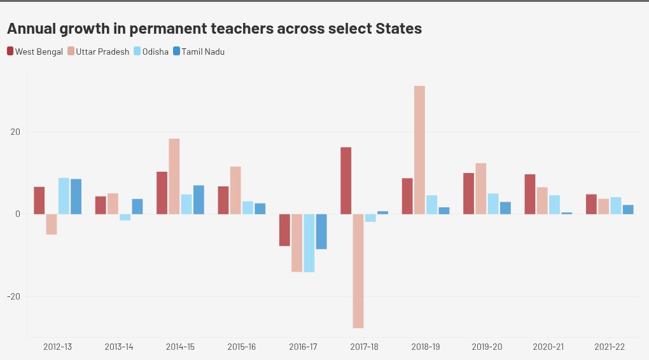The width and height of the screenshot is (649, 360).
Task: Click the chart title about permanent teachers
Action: pyautogui.click(x=214, y=29)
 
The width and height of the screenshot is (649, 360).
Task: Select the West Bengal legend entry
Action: pyautogui.click(x=35, y=52)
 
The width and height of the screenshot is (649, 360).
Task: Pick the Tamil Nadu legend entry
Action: pyautogui.click(x=199, y=52)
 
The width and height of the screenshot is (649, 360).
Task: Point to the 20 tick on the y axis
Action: pyautogui.click(x=14, y=132)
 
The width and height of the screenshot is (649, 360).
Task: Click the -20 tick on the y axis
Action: pyautogui.click(x=13, y=296)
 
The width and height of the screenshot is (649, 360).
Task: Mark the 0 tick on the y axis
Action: pyautogui.click(x=18, y=214)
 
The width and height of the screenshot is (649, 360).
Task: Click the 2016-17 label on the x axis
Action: pyautogui.click(x=303, y=347)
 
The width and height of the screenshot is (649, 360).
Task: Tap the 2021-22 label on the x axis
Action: pyautogui.click(x=610, y=347)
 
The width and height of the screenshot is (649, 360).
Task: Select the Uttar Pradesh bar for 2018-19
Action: pyautogui.click(x=419, y=150)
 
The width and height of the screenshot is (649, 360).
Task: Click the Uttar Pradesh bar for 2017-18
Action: pyautogui.click(x=358, y=271)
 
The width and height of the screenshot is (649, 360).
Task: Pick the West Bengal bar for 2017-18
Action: pyautogui.click(x=346, y=181)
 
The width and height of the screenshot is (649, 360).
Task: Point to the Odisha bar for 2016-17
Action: pyautogui.click(x=309, y=243)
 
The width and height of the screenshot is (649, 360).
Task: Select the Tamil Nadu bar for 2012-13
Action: pyautogui.click(x=76, y=197)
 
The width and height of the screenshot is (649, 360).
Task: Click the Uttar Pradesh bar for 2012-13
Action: pyautogui.click(x=52, y=225)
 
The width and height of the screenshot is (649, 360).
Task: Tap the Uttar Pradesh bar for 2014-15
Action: pyautogui.click(x=174, y=176)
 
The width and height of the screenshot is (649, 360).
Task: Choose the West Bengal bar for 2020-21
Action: pyautogui.click(x=530, y=194)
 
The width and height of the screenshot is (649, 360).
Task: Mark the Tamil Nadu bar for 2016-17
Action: pyautogui.click(x=321, y=232)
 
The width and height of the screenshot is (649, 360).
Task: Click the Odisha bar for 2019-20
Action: pyautogui.click(x=493, y=204)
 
